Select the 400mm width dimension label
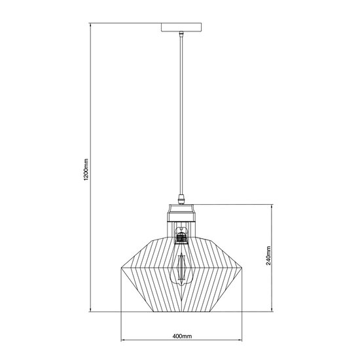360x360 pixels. tap(181, 336)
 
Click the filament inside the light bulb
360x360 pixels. tap(180, 265)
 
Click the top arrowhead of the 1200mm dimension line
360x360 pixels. tap(90, 25)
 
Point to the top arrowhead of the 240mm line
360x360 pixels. tap(271, 206)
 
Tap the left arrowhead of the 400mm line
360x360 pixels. tap(122, 341)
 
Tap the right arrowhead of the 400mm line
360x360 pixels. tap(240, 341)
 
